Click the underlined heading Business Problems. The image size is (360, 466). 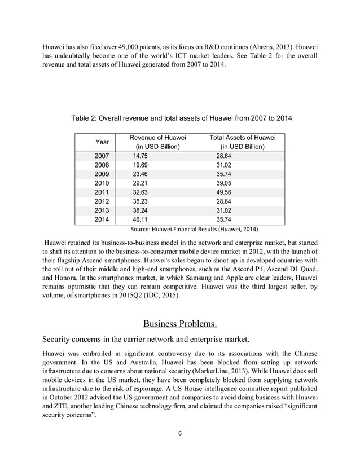point(180,324)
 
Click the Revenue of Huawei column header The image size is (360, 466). point(157,142)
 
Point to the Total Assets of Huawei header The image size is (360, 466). point(242,142)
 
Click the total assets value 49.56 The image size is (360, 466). point(225,192)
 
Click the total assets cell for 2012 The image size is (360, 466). point(225,201)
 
